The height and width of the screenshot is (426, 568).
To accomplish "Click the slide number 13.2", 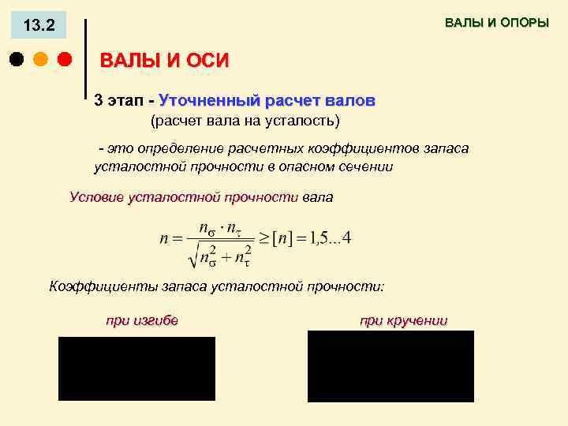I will (39, 26).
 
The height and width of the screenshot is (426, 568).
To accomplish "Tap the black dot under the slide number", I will (17, 59).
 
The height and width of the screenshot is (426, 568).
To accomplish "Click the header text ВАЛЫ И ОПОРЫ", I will (496, 23).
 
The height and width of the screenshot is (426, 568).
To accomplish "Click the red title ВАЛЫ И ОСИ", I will (164, 62).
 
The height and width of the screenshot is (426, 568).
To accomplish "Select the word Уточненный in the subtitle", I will (209, 101).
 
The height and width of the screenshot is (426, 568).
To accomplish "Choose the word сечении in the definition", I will (366, 166).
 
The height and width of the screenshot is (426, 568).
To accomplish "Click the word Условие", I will (96, 197).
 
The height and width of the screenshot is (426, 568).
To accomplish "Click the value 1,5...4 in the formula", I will (331, 238).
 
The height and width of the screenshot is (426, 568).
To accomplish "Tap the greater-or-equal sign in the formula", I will (263, 238).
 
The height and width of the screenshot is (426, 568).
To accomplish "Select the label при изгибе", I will (142, 320).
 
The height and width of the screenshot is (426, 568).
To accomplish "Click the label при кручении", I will (403, 320).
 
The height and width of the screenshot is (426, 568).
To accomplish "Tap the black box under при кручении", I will (390, 366).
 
